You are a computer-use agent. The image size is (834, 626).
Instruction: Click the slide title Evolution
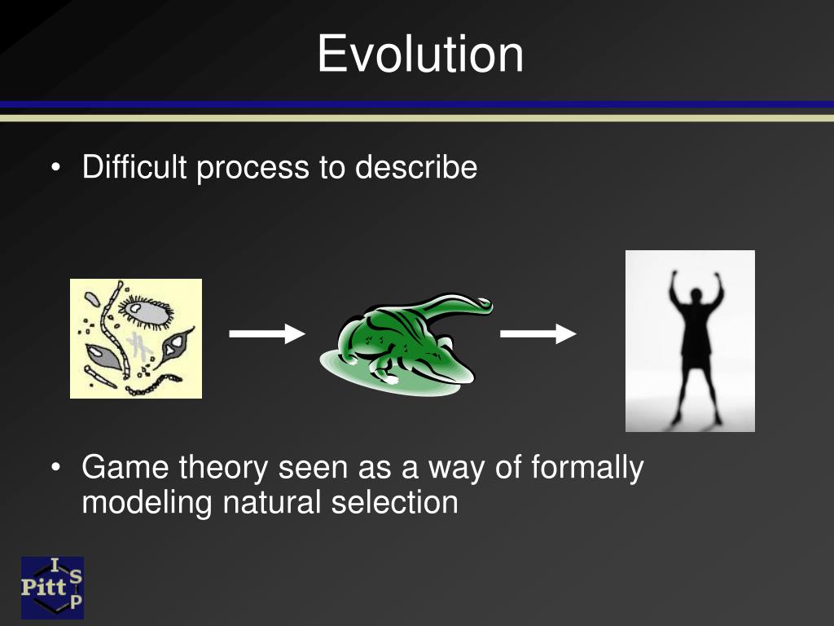(420, 55)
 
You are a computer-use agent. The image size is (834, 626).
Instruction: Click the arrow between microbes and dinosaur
(266, 333)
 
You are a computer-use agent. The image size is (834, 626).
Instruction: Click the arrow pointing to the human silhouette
(538, 333)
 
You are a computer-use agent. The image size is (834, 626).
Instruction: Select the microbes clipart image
(136, 338)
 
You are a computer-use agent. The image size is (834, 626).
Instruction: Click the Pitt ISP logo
(52, 587)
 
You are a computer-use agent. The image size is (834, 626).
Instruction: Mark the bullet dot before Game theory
(55, 469)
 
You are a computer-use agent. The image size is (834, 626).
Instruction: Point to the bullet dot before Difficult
(55, 168)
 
